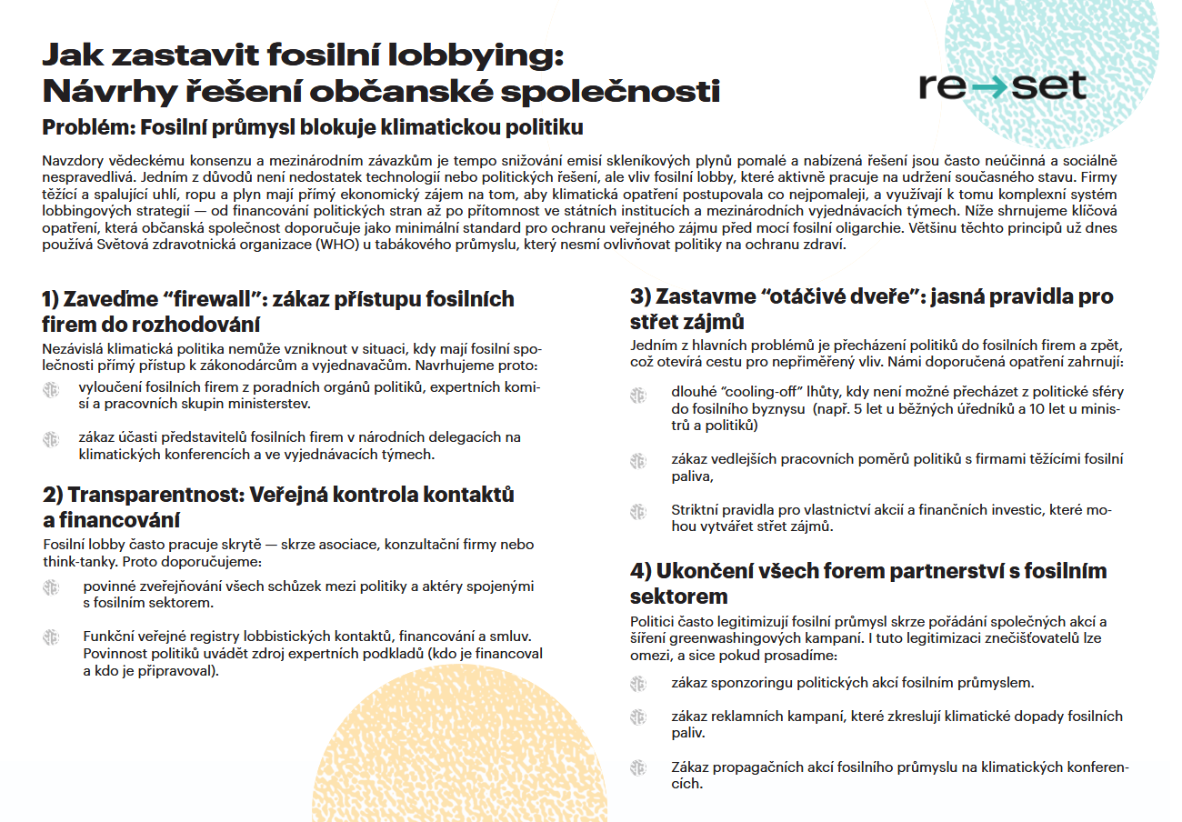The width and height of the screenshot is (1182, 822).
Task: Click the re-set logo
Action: coord(1001,86)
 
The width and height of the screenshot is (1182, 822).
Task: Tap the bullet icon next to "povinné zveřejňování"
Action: coord(51,588)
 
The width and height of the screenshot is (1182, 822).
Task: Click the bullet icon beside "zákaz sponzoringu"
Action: coord(638,682)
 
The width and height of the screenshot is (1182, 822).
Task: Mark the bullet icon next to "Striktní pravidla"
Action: coord(638,511)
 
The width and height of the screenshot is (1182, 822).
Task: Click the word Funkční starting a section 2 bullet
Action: coord(110,637)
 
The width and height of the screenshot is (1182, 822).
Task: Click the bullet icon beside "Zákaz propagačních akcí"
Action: coord(638,767)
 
